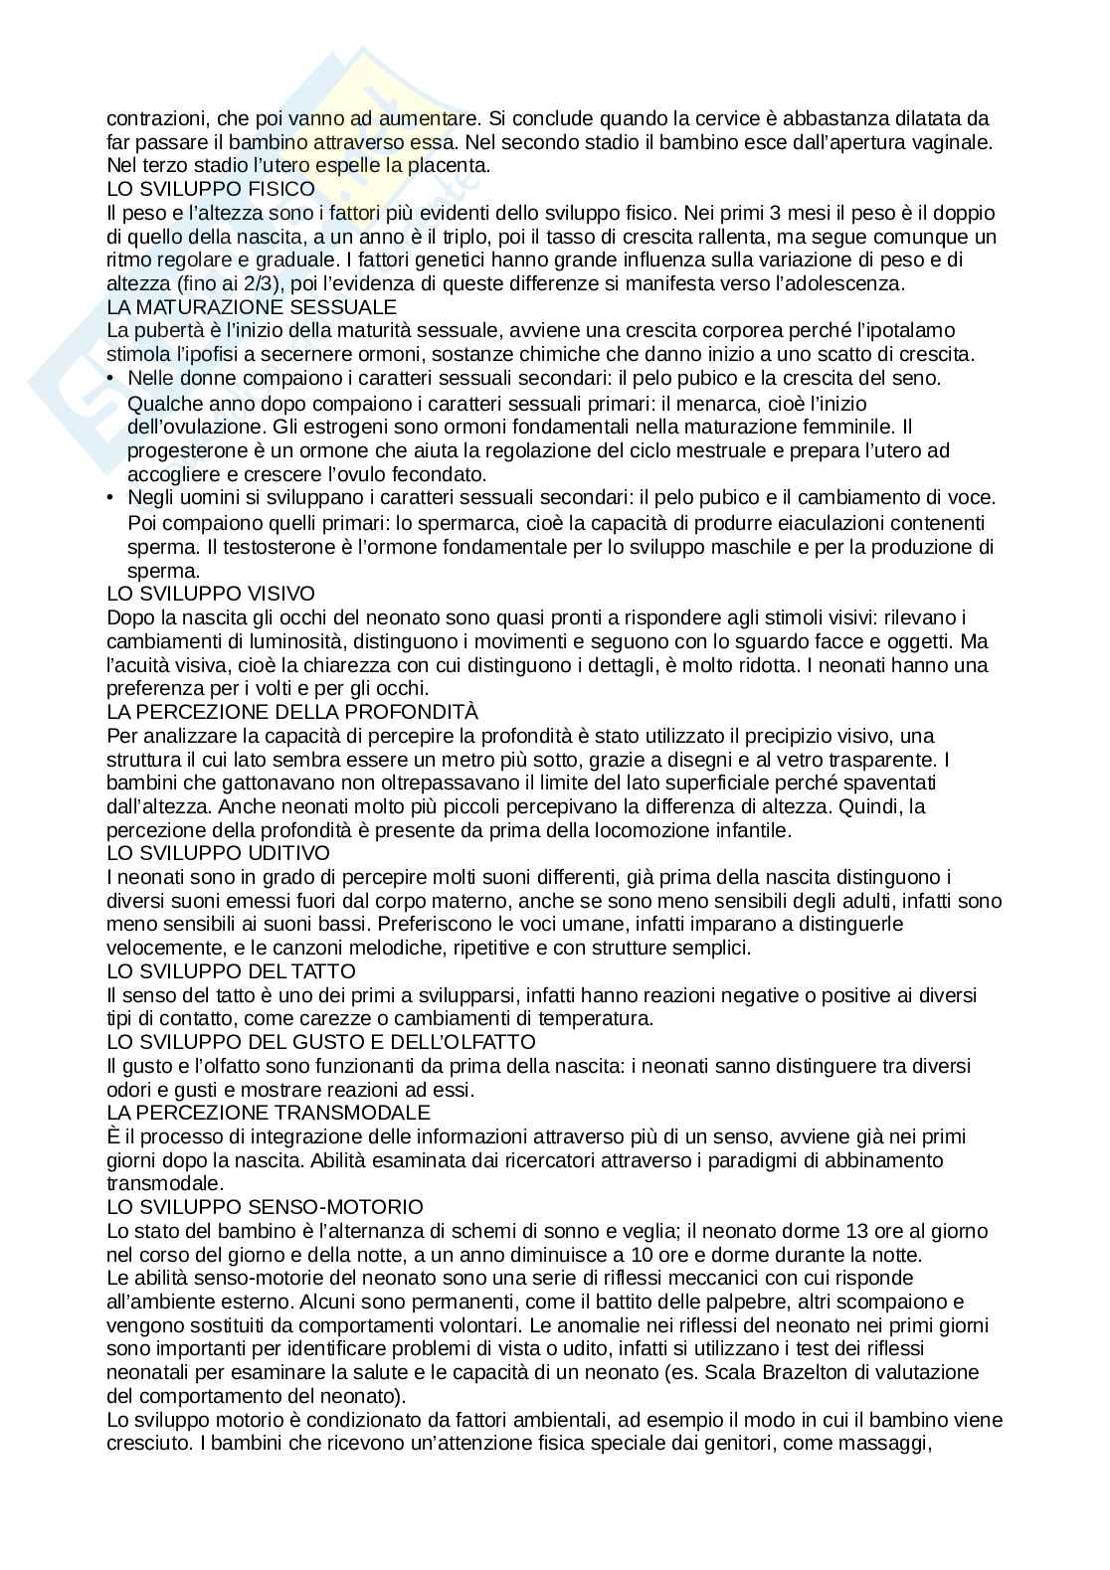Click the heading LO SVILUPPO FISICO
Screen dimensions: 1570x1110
211,189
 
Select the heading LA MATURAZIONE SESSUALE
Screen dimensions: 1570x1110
252,307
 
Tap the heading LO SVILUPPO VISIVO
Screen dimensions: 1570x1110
211,594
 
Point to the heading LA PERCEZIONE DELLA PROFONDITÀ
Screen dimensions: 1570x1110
292,712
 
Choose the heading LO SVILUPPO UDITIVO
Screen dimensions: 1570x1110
218,853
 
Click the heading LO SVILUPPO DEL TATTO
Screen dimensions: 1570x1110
231,971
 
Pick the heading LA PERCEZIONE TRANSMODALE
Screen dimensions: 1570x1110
269,1113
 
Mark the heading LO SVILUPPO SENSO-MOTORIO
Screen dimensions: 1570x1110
265,1207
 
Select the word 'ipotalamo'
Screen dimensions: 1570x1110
912,331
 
